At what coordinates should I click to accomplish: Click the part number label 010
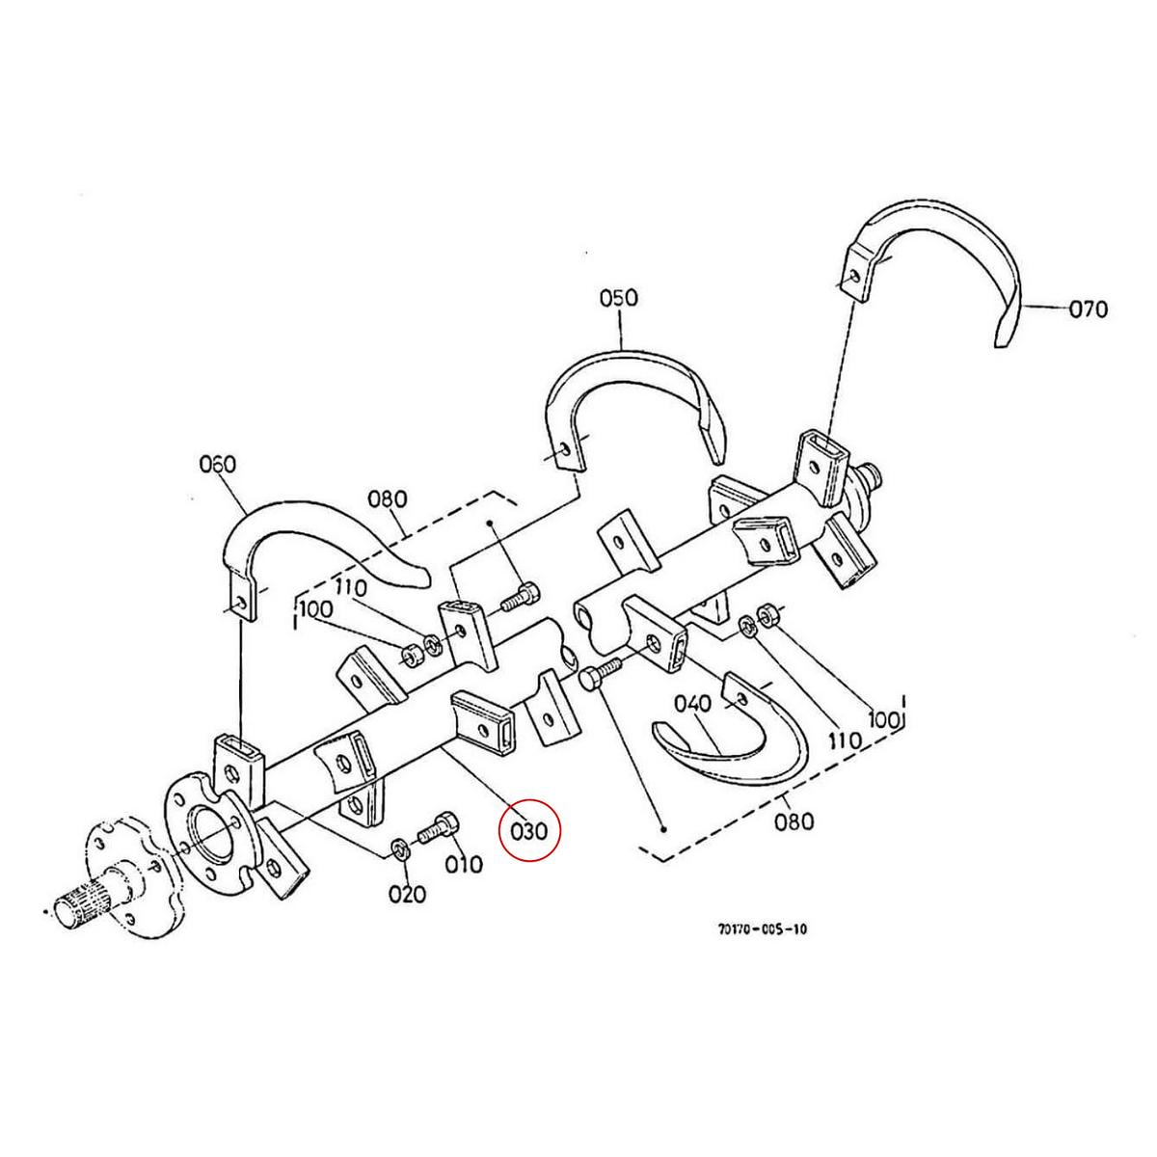pos(463,864)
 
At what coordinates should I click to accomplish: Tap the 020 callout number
pos(407,894)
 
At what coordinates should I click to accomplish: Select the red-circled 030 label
pos(529,829)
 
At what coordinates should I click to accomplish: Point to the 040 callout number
pos(692,704)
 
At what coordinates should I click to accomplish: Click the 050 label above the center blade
pos(618,297)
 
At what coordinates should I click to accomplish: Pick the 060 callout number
pos(217,464)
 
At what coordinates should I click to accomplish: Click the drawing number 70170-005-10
pos(762,929)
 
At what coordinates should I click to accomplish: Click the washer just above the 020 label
pos(398,848)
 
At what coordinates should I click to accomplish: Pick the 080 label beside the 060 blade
pos(387,499)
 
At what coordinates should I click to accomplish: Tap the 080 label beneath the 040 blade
pos(794,821)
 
